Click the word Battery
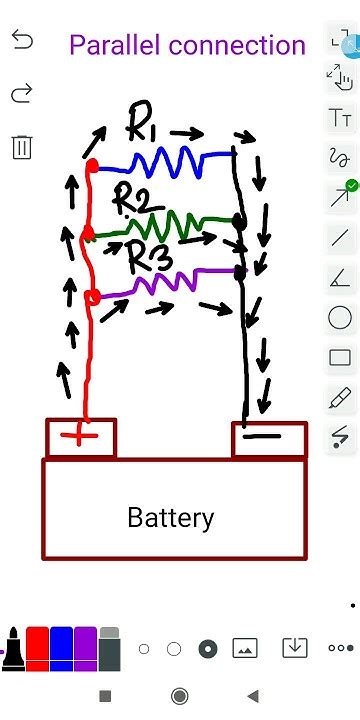tap(170, 518)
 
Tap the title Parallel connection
tap(187, 45)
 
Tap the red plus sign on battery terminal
tap(82, 438)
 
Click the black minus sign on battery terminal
tap(262, 437)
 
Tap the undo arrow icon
tap(22, 40)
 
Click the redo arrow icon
tap(22, 93)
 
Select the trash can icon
tap(22, 147)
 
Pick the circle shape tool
tap(340, 318)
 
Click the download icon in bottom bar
tap(294, 648)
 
